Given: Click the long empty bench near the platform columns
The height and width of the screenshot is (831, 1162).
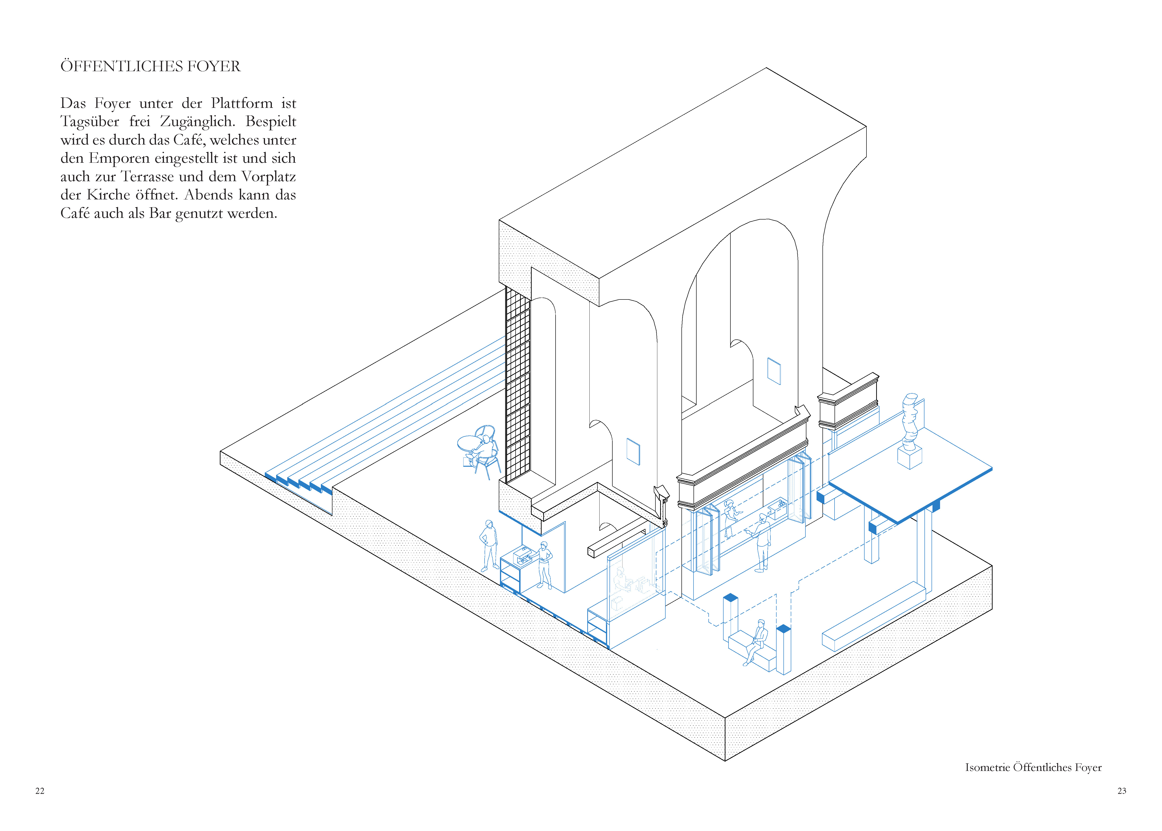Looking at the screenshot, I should [873, 617].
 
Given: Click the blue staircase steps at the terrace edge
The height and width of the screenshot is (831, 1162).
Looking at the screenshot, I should [300, 484].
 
